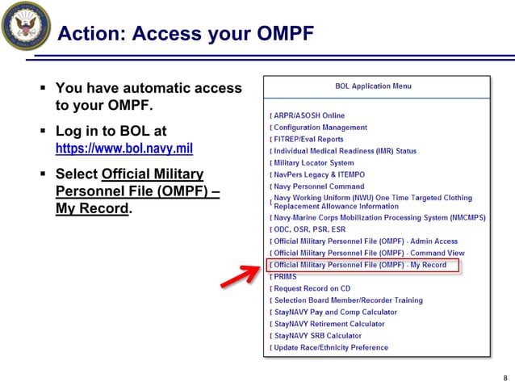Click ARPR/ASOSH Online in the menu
(309, 115)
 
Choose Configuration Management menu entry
(320, 128)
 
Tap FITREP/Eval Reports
(308, 139)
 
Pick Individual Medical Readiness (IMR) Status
(345, 151)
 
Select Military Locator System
(314, 163)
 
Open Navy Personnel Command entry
(319, 187)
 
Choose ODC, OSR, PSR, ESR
(311, 229)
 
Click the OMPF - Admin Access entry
(366, 241)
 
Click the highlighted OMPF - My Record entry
(360, 265)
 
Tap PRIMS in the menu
(285, 277)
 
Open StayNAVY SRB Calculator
(318, 336)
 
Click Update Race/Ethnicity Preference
(331, 348)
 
